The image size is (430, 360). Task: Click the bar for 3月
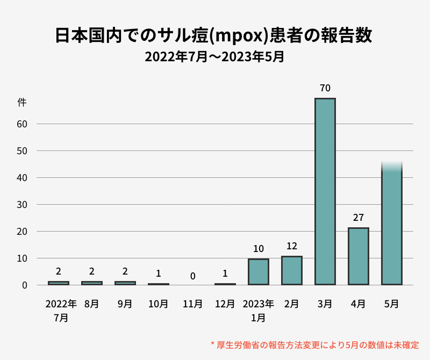pos(325,191)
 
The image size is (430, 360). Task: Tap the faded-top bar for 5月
pos(391,226)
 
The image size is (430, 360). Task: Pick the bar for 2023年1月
pos(258,272)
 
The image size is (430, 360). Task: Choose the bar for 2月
pos(291,270)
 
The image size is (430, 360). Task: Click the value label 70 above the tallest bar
pos(325,88)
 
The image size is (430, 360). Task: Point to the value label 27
pos(358,218)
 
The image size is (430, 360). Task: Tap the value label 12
pos(291,246)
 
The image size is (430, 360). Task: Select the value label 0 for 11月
pos(192,276)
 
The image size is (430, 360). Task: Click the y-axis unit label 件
pos(22,102)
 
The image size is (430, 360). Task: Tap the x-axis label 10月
pos(158,304)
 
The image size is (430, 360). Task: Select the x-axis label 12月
pos(225,304)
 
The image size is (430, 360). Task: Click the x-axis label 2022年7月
pos(61,310)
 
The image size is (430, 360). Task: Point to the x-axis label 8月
pos(91,304)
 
